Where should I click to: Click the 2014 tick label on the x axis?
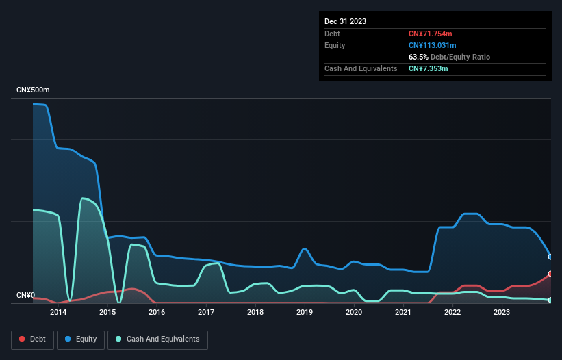58,313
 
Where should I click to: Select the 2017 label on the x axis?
206,313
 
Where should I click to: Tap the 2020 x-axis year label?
354,313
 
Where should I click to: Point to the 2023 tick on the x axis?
502,313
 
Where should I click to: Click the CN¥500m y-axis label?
33,90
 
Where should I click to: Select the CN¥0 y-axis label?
25,296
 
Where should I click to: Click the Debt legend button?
34,339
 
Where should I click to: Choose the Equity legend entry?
81,339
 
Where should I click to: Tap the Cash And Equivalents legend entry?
157,339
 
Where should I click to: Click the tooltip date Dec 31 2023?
345,21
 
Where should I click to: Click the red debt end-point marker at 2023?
550,274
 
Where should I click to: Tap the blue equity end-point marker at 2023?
550,257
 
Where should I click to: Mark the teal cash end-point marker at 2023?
550,300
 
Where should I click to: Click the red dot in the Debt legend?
22,339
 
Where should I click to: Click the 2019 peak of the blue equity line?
304,248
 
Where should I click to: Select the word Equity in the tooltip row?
335,45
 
